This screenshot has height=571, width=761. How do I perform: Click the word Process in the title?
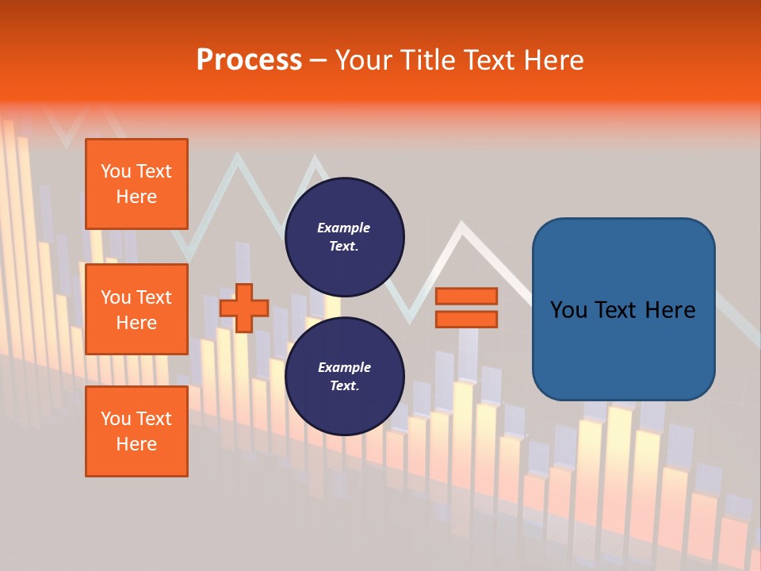click(x=249, y=60)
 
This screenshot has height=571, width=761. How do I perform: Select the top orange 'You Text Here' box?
click(x=136, y=184)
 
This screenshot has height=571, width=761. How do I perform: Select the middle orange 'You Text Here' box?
click(x=136, y=309)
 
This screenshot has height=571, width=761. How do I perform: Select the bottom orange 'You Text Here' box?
click(x=136, y=431)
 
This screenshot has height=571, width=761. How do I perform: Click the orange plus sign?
click(x=244, y=308)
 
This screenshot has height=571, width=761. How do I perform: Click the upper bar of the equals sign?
click(x=466, y=296)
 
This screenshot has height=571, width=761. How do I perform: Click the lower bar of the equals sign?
click(x=466, y=319)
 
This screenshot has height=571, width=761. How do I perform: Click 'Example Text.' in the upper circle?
click(x=344, y=236)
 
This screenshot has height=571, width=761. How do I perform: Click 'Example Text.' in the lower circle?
click(x=344, y=377)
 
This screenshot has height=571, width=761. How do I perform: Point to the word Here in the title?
click(x=554, y=60)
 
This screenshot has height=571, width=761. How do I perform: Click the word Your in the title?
click(x=363, y=60)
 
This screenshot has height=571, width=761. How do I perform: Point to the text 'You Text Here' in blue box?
click(x=623, y=309)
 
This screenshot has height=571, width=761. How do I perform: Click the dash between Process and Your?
click(x=319, y=60)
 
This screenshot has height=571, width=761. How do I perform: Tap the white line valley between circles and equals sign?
click(x=409, y=320)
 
